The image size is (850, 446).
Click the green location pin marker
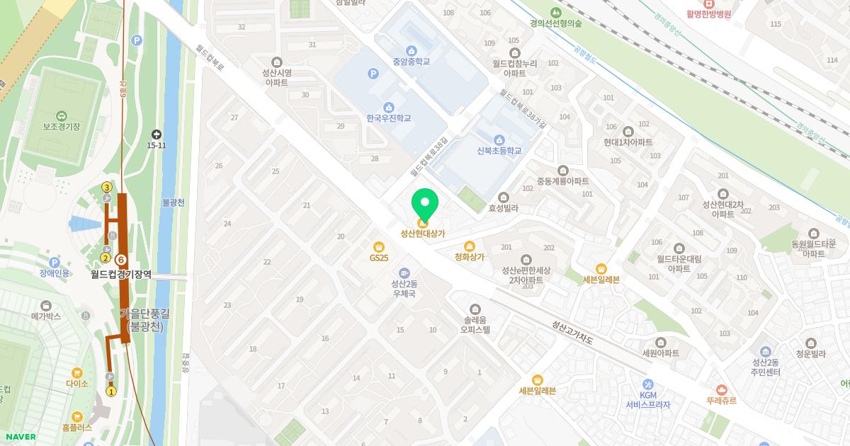pyautogui.click(x=425, y=204)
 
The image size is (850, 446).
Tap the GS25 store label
pyautogui.click(x=379, y=258)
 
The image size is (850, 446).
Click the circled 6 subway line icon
pyautogui.click(x=121, y=261)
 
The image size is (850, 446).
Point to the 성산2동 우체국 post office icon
pyautogui.click(x=404, y=273)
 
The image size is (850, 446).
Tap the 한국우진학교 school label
pyautogui.click(x=388, y=118)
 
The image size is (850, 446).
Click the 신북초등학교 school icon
pyautogui.click(x=499, y=139)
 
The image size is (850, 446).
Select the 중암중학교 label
pyautogui.click(x=412, y=62)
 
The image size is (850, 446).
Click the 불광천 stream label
pyautogui.click(x=173, y=202)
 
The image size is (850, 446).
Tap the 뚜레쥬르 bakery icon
pyautogui.click(x=721, y=389)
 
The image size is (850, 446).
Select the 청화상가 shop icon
pyautogui.click(x=469, y=246)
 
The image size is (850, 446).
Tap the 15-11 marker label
pyautogui.click(x=157, y=145)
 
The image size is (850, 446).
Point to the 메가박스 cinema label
pyautogui.click(x=46, y=316)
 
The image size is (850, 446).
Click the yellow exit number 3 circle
pyautogui.click(x=107, y=187)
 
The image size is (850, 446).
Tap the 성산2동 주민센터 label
pyautogui.click(x=765, y=367)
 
